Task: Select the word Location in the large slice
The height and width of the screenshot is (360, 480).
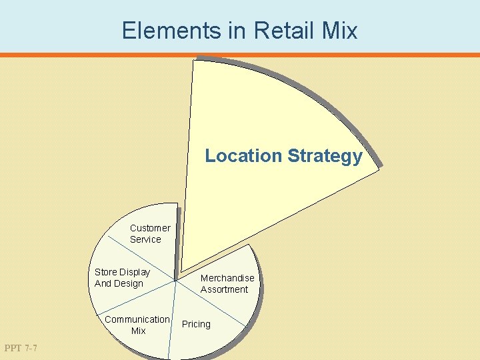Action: click(x=243, y=156)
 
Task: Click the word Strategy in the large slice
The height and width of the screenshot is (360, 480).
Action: click(x=325, y=157)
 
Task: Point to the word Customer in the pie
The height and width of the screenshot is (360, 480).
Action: click(x=150, y=228)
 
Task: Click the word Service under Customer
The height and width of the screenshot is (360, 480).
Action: click(x=145, y=239)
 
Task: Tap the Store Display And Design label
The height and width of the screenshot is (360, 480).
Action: click(x=122, y=277)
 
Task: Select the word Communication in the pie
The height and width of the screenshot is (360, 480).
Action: click(x=137, y=319)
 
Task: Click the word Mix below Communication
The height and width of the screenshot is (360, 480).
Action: click(x=138, y=331)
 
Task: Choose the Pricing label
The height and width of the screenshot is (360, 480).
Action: click(x=196, y=324)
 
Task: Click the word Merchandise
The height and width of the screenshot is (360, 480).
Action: click(x=227, y=278)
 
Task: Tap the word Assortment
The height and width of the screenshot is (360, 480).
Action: click(x=224, y=289)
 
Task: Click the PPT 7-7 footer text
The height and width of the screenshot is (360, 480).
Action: click(x=21, y=348)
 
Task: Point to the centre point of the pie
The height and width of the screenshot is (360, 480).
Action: click(x=176, y=281)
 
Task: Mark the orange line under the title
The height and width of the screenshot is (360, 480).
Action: click(x=240, y=55)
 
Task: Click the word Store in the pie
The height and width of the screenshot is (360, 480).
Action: click(x=106, y=272)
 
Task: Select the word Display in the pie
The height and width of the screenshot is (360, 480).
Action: click(x=135, y=272)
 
